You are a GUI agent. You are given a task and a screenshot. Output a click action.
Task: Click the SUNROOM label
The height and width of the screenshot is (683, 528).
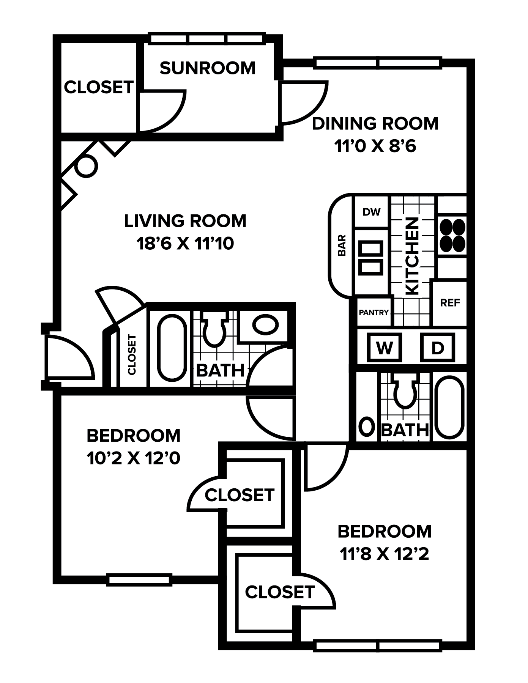coord(208,68)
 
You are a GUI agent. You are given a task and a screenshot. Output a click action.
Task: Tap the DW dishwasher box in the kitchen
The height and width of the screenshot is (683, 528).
coord(372,212)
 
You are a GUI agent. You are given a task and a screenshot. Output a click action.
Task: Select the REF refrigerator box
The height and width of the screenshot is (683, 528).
coord(450,303)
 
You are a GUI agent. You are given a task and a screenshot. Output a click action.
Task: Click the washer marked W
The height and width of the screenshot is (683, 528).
coord(385,348)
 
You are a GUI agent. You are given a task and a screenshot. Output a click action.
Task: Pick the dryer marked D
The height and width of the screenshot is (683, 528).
coord(438,348)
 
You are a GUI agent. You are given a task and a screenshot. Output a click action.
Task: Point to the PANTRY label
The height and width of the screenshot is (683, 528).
coord(374,312)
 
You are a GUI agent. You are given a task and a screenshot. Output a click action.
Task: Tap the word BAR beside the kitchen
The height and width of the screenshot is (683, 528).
coord(342,245)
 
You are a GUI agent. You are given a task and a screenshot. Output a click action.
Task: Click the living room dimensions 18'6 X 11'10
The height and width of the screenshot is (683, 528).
coord(185,244)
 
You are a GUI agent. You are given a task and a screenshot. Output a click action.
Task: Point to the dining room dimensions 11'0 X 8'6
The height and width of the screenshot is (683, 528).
coord(375,146)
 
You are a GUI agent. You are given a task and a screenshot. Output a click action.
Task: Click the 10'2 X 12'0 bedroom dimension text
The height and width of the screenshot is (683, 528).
coord(134,458)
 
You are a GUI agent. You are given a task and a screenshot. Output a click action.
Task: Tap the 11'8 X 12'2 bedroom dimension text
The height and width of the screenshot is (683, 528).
coord(385,554)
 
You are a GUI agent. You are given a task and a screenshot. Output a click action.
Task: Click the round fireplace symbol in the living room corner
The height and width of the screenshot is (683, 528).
coord(87,166)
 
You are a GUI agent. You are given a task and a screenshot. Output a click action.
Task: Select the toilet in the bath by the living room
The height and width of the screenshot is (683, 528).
coord(214,328)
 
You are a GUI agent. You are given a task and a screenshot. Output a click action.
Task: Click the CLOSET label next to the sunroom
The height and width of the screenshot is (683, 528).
coord(99,87)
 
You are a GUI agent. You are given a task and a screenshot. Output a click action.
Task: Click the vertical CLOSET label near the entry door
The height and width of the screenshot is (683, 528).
coord(132,354)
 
